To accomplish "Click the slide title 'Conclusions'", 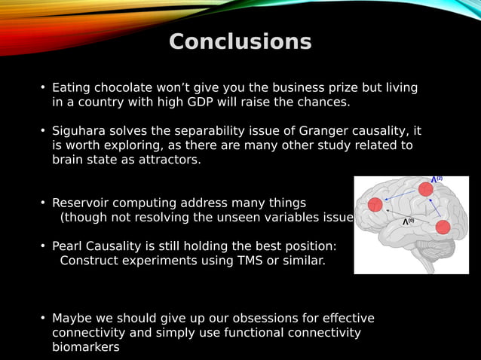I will click(240, 42).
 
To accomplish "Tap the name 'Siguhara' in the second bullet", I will click(79, 131).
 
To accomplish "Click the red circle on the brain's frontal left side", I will click(375, 204).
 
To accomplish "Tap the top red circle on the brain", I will click(425, 189).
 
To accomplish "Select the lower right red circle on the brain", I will click(443, 227).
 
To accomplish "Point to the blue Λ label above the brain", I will click(437, 179).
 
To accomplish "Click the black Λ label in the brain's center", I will click(407, 221).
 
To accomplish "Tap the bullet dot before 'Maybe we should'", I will click(44, 319).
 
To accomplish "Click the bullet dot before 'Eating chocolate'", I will click(44, 89).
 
